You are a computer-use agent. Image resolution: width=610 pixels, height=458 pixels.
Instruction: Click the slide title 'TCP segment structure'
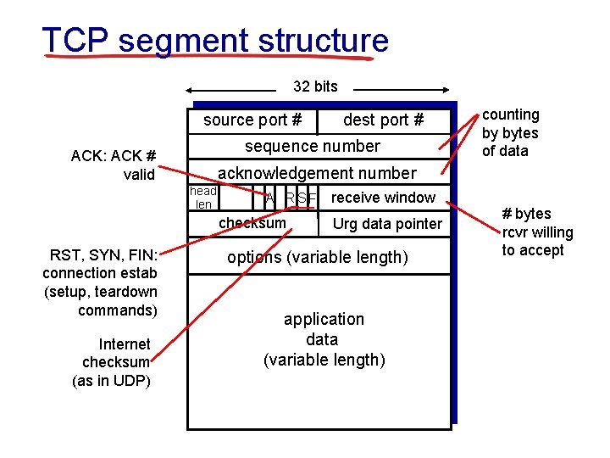[215, 40]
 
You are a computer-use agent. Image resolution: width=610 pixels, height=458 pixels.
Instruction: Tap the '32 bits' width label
[315, 86]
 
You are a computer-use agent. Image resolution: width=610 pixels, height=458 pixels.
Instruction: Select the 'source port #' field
[252, 120]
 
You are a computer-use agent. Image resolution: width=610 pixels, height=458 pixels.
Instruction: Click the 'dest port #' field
[383, 120]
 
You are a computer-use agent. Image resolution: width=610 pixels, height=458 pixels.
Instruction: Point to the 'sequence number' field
[313, 146]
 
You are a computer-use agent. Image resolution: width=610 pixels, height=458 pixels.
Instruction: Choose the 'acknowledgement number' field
[317, 173]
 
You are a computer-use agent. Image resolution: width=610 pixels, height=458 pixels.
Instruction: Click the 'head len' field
[203, 198]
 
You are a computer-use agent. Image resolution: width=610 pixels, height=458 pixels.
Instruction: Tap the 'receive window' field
[383, 198]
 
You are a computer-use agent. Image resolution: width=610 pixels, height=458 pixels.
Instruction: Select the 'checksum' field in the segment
[252, 223]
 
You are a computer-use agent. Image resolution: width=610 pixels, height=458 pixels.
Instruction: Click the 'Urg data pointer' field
[387, 224]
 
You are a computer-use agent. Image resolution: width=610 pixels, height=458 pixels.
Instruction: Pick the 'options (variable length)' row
[317, 257]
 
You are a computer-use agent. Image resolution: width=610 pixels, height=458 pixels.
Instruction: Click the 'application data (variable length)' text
[324, 339]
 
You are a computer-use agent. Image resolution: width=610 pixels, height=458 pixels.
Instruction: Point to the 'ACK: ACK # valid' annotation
[114, 165]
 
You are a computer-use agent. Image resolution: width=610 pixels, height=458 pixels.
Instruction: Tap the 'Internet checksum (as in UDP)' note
[113, 362]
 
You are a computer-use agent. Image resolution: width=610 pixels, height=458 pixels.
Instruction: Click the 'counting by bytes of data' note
[510, 132]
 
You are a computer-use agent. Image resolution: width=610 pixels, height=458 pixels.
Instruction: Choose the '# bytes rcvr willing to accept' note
[537, 232]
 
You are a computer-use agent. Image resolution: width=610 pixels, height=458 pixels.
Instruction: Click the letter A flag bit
[269, 198]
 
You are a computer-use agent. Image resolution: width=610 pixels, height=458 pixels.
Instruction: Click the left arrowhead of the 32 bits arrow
[190, 89]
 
